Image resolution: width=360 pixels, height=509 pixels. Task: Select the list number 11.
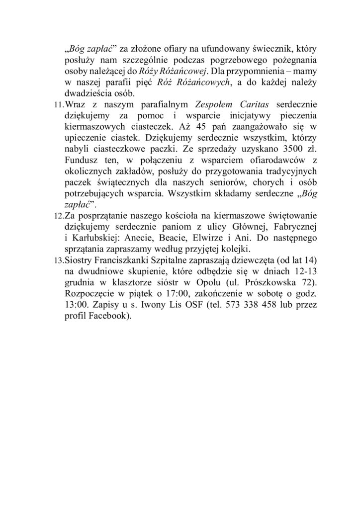[x=59, y=105]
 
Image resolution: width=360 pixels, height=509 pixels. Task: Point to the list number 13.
[x=59, y=260]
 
